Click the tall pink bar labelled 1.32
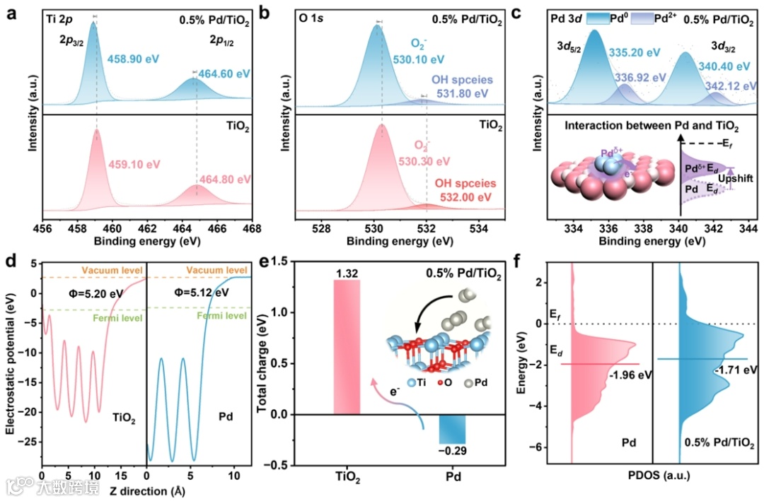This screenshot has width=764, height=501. click(x=347, y=346)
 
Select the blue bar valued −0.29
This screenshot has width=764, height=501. click(x=452, y=429)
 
